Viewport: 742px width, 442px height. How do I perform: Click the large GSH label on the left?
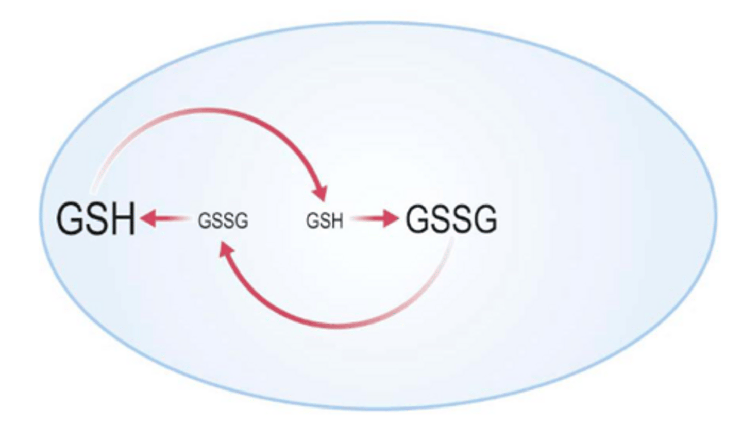(96, 218)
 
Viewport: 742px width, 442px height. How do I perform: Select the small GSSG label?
(223, 220)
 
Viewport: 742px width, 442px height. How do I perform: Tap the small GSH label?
(325, 221)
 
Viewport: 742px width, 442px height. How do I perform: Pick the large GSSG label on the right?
(451, 219)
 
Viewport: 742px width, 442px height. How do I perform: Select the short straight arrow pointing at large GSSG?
(375, 218)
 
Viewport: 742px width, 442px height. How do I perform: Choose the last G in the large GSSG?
(484, 219)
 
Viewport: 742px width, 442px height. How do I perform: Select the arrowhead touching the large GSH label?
(148, 218)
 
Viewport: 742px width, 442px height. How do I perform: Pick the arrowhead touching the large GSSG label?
(391, 218)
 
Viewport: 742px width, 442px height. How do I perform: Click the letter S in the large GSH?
(96, 219)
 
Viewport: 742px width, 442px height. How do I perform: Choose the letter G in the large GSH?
(69, 219)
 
